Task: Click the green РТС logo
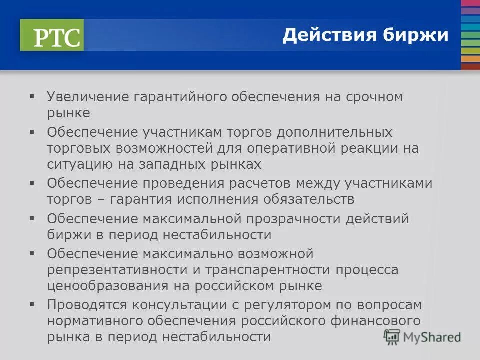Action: [52, 35]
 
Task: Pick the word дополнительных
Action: [335, 133]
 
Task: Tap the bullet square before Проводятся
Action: [33, 304]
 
